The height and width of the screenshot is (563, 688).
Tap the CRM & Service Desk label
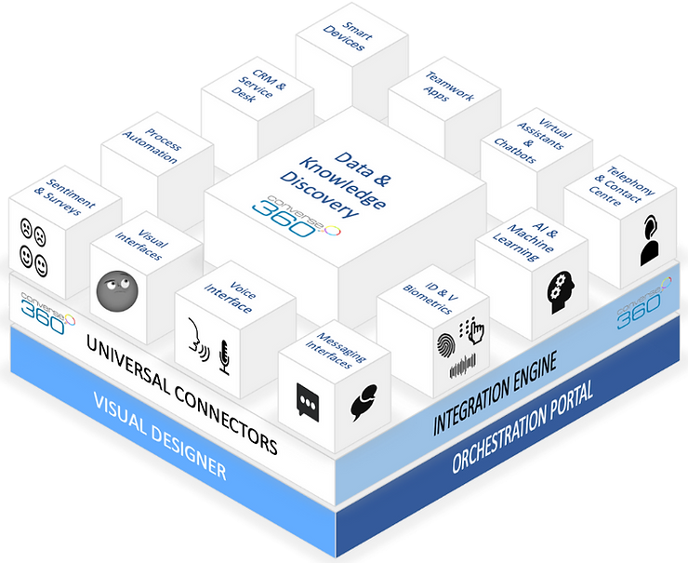(249, 83)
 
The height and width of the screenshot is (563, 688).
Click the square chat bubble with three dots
(306, 398)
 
